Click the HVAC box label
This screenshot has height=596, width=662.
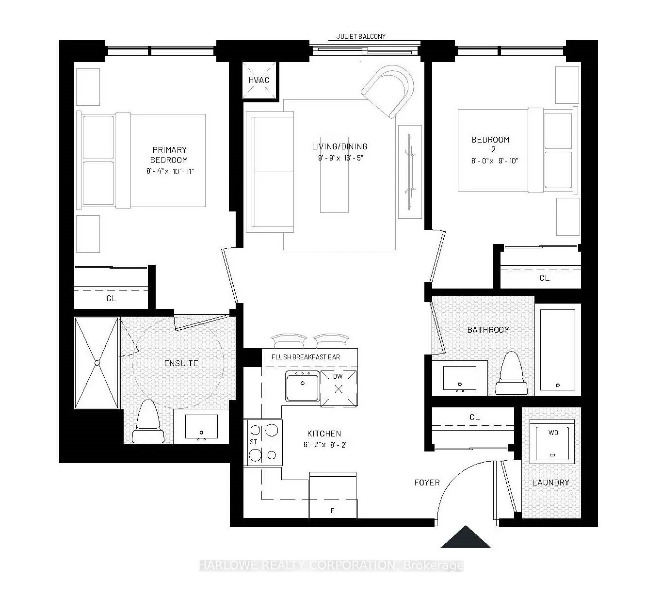(258, 80)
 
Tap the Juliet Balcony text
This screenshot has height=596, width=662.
(361, 36)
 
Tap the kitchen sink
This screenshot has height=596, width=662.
(303, 386)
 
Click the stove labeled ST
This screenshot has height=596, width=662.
(262, 442)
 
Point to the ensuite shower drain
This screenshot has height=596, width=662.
(97, 363)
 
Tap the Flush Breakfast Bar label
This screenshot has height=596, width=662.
(306, 357)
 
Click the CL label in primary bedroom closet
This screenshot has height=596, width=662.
(111, 298)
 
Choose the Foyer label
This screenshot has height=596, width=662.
(427, 483)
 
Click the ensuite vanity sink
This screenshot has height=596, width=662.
(201, 427)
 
